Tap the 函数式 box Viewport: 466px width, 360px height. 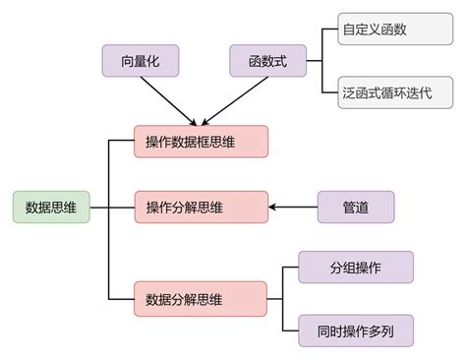click(x=267, y=62)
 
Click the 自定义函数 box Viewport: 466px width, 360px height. click(x=384, y=30)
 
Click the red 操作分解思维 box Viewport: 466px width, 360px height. click(x=201, y=208)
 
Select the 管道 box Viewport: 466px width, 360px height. click(x=355, y=208)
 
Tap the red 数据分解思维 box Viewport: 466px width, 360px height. click(x=201, y=298)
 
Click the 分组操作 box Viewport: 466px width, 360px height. click(x=355, y=267)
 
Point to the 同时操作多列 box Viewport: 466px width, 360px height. click(x=355, y=330)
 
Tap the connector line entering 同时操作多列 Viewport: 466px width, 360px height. click(x=291, y=330)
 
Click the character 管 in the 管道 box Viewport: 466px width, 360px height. click(x=348, y=208)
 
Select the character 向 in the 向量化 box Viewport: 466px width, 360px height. click(x=125, y=62)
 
